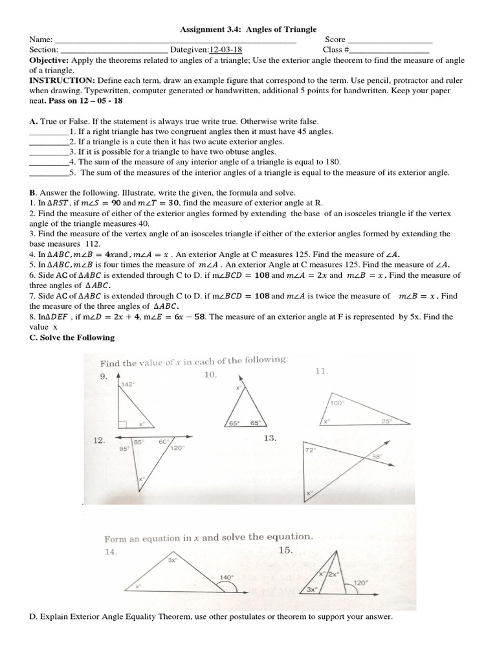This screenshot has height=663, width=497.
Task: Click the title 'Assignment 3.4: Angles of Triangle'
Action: [x=248, y=29]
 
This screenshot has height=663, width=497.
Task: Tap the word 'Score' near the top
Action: [x=335, y=39]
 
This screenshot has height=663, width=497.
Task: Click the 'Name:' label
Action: [x=41, y=39]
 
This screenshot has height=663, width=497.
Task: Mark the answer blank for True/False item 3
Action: [x=49, y=152]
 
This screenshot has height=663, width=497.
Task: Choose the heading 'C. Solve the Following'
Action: [x=71, y=337]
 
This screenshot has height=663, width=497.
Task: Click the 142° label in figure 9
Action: [x=127, y=384]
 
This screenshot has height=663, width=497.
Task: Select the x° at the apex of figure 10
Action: [x=238, y=387]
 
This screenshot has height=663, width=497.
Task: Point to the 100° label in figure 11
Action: [x=337, y=402]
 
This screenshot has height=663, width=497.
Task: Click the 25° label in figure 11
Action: [x=386, y=421]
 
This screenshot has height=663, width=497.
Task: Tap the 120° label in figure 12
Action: [x=177, y=447]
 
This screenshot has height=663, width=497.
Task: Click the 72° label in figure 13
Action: [x=309, y=449]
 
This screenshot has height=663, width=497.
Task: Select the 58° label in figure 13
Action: [x=377, y=457]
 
